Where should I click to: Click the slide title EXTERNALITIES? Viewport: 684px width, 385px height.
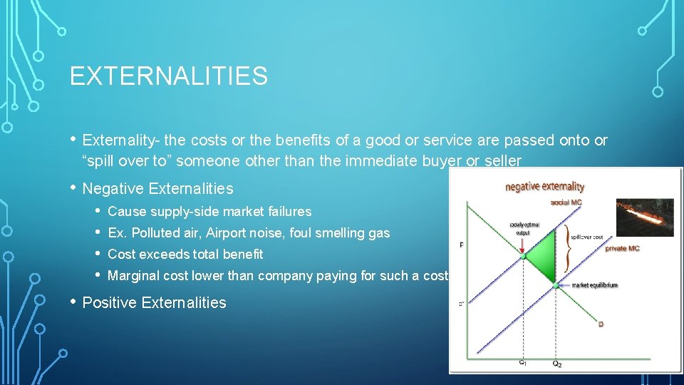click(169, 76)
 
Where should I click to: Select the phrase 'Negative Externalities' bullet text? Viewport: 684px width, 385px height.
click(157, 189)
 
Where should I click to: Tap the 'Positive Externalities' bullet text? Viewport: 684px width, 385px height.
click(154, 302)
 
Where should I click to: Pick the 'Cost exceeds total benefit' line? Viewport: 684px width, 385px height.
click(185, 254)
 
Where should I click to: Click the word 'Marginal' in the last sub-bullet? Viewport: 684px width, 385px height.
click(132, 276)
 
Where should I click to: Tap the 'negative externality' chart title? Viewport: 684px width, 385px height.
click(544, 187)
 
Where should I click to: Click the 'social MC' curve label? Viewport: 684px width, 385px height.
click(566, 203)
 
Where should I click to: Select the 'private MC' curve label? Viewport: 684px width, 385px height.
click(623, 249)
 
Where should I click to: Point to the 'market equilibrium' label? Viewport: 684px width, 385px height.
click(593, 285)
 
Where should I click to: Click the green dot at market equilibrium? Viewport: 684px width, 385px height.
click(556, 284)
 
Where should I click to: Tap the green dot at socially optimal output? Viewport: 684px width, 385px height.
click(524, 256)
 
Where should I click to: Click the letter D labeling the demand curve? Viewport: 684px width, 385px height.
click(601, 324)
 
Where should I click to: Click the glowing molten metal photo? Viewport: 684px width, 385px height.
click(644, 217)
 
